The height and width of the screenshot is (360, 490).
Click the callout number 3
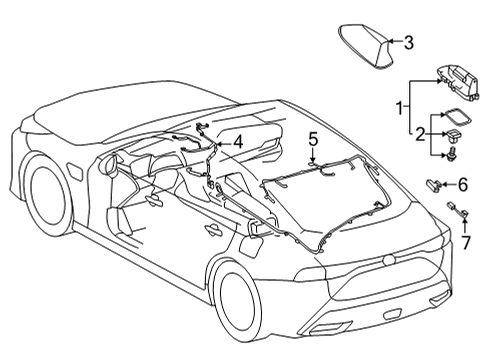click(x=408, y=42)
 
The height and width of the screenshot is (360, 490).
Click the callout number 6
click(x=463, y=183)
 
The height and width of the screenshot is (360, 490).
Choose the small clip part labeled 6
click(x=437, y=182)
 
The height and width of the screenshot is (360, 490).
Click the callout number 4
click(x=239, y=142)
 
